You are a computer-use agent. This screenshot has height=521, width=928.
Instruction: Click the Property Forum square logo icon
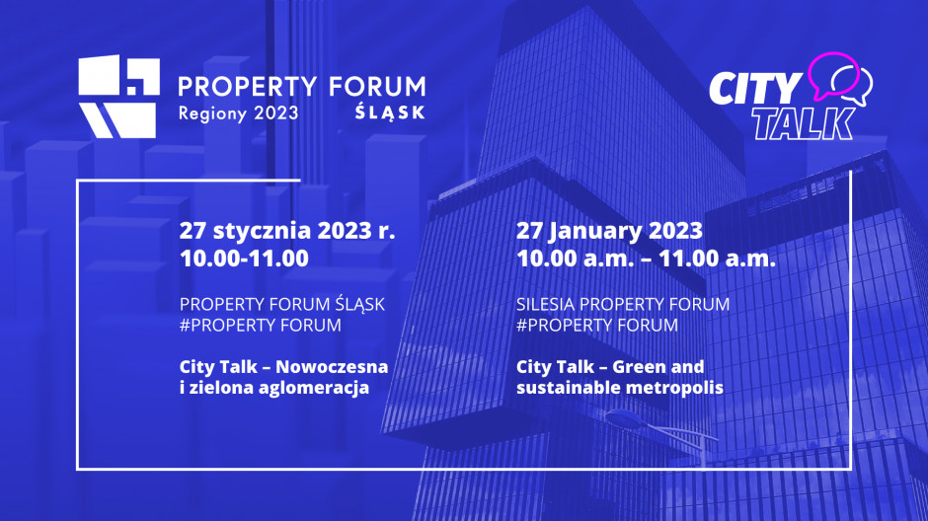[x=118, y=97]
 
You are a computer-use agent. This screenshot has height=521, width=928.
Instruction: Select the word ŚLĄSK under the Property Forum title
[x=390, y=112]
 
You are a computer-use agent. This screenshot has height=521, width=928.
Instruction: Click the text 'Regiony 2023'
[x=239, y=112]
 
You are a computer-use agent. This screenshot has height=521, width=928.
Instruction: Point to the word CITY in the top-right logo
[x=755, y=89]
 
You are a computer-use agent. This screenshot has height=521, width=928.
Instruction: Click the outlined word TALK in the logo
[x=804, y=123]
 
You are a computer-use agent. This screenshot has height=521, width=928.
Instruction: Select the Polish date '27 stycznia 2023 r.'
[x=287, y=231]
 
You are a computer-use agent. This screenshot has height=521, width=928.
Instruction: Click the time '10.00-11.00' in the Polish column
[x=244, y=259]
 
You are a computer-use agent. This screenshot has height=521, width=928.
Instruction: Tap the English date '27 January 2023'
[x=609, y=231]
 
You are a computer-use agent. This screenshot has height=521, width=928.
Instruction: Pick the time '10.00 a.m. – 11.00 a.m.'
[x=646, y=259]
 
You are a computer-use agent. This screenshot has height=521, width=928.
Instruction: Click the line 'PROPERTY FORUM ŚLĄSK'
[x=281, y=304]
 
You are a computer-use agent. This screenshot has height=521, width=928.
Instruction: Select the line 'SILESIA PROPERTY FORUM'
[x=623, y=304]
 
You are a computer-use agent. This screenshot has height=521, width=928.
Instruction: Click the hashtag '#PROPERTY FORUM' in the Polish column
[x=261, y=326]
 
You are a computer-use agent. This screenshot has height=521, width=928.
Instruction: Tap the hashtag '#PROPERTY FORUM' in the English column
[x=597, y=326]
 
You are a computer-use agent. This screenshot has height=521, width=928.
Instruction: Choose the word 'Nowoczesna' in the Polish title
[x=332, y=367]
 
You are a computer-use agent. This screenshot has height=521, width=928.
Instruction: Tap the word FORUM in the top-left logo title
[x=377, y=87]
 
